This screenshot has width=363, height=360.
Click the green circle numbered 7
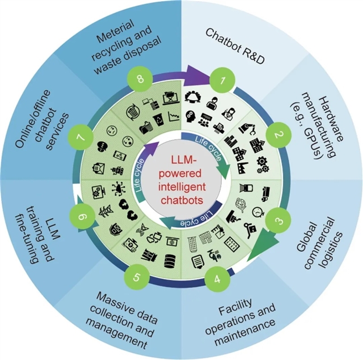[x=79, y=138]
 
